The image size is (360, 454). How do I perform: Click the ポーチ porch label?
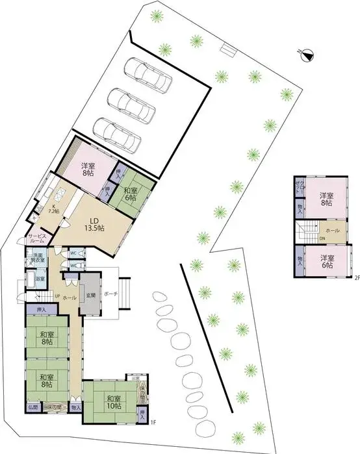[x=110, y=294]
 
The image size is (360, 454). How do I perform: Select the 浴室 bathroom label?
[x=40, y=279]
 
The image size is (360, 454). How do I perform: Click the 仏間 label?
[x=32, y=407]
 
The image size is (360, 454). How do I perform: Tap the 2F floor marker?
[x=356, y=277]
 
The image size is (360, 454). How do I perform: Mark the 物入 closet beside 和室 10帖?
[x=76, y=407]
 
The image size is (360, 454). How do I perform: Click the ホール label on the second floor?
[x=331, y=230]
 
